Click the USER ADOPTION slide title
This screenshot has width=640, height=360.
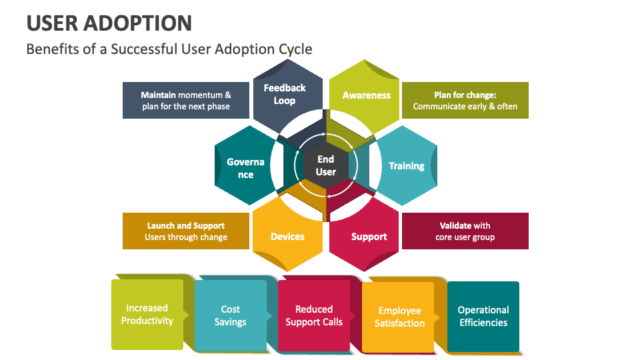tap(109, 23)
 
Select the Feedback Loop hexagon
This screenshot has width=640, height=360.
tap(285, 95)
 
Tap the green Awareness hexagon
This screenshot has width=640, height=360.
tap(365, 95)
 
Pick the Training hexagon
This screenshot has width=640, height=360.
tap(406, 166)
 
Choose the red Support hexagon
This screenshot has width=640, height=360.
tap(368, 237)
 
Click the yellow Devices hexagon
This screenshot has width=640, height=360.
tap(287, 237)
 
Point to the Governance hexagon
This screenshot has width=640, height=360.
tap(245, 167)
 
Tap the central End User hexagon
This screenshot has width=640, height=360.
tap(325, 165)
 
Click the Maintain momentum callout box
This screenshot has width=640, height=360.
tap(186, 101)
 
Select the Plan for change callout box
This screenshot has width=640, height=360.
tap(465, 101)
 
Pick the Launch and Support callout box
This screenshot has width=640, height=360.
tap(186, 231)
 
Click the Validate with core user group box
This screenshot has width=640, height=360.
tap(465, 231)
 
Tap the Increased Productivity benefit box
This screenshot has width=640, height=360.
tap(147, 315)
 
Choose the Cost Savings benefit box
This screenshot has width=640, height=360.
tap(230, 315)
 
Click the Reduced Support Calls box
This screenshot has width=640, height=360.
tap(314, 315)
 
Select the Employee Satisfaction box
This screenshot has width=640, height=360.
tap(399, 317)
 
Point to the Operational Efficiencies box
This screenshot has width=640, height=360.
tap(483, 317)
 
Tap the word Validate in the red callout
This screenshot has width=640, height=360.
tap(456, 225)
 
